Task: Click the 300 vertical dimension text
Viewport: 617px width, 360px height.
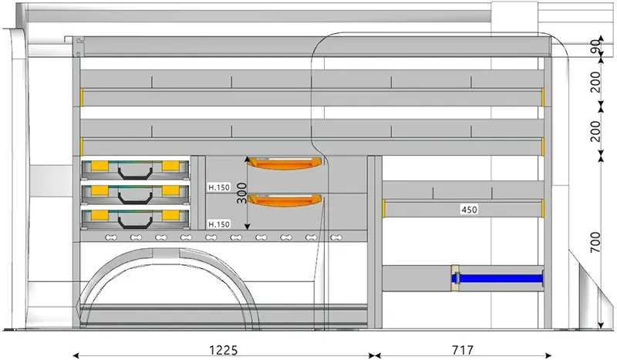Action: (242, 193)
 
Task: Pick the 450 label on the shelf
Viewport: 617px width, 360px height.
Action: (469, 209)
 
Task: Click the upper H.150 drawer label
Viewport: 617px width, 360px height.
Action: (219, 187)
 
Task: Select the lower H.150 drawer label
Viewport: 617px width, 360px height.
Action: (219, 224)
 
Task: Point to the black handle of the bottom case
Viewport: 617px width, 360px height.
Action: (135, 219)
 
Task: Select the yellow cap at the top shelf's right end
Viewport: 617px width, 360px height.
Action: (543, 96)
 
